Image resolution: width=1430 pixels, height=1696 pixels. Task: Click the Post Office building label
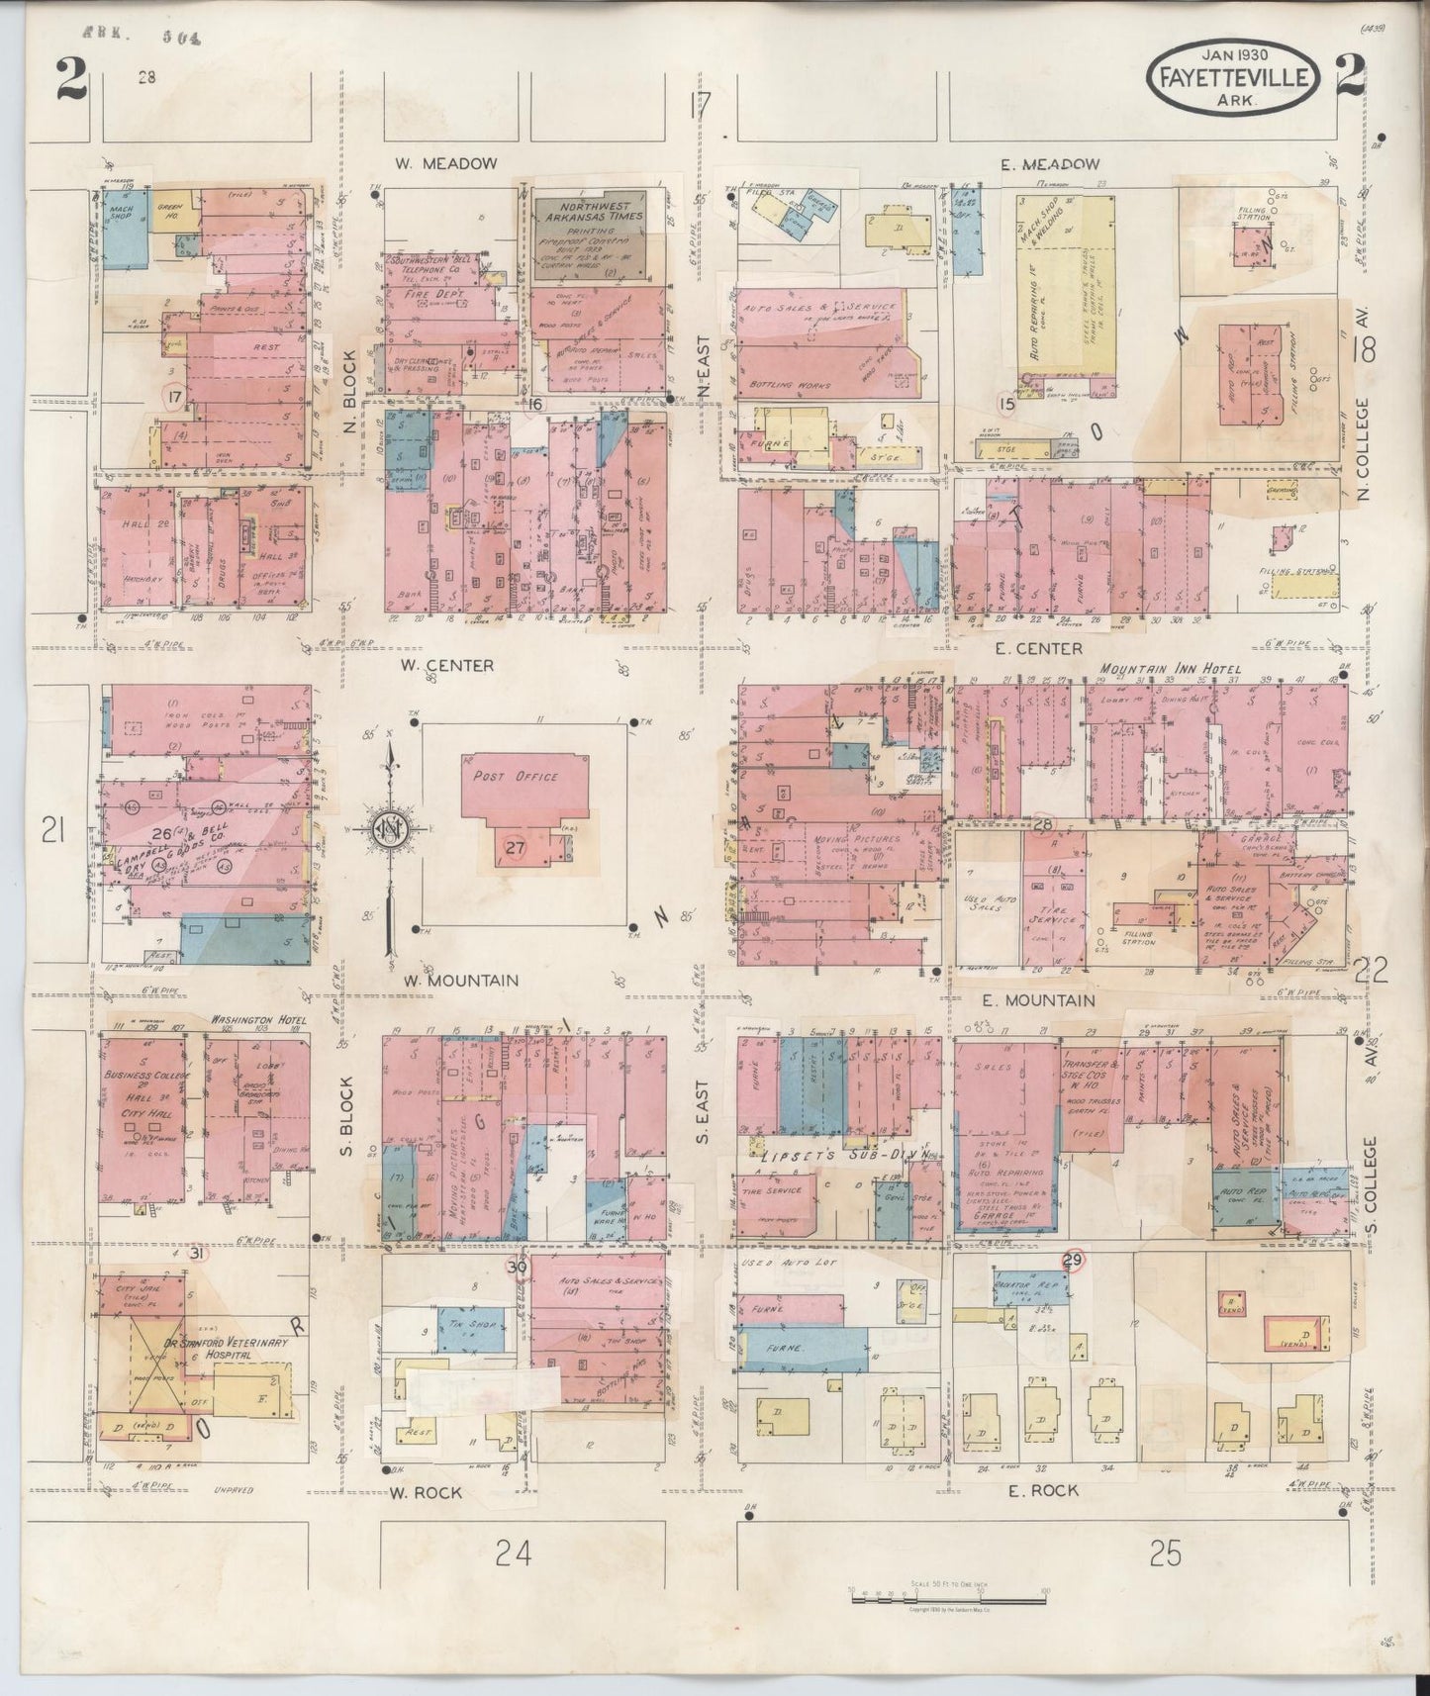click(x=515, y=777)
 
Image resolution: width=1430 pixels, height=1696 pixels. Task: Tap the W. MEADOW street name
click(x=444, y=164)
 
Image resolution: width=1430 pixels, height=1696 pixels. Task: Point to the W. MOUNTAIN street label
click(x=461, y=980)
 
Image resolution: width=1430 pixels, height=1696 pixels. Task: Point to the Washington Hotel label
click(x=255, y=1018)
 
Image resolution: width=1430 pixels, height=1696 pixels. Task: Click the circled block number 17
click(x=175, y=398)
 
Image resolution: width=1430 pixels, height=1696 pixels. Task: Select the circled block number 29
click(x=1073, y=1260)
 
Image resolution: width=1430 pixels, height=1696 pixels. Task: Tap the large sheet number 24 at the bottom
click(x=515, y=1555)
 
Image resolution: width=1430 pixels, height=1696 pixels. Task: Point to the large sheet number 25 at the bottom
click(x=1167, y=1555)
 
